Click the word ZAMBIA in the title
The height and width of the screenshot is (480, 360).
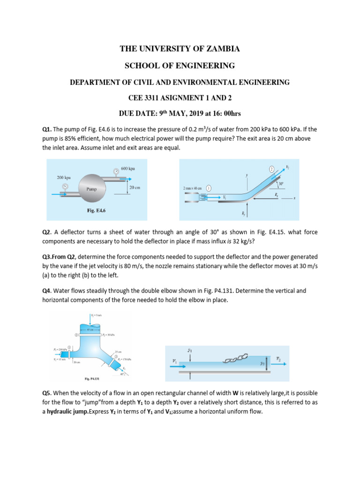pos(221,49)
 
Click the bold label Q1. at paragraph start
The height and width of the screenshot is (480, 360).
pos(47,129)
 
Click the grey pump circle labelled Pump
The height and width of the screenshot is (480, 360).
pos(92,189)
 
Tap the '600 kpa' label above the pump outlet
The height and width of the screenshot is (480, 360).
pos(127,168)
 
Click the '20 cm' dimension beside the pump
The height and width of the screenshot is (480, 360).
pos(135,187)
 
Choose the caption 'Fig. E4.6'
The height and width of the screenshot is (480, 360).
pos(97,211)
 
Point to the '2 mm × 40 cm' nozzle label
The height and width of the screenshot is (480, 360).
pos(192,188)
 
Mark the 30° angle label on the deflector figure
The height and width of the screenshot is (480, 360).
pos(293,184)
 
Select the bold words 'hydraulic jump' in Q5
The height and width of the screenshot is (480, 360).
pos(68,412)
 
